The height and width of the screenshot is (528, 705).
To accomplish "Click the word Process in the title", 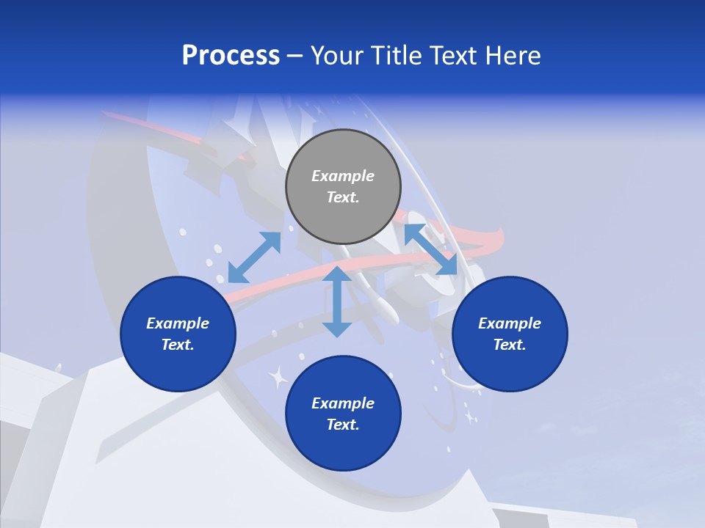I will pos(231,56).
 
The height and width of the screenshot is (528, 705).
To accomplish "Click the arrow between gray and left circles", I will pos(254,257).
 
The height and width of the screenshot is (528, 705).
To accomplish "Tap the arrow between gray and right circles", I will pos(430,249).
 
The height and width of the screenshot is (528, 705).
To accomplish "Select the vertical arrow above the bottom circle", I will pos(337,301).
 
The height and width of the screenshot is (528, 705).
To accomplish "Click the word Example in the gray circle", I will pos(343,176).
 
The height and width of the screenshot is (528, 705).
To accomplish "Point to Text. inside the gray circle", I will pos(343,197).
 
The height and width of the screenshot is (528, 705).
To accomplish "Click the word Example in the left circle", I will pos(178,323).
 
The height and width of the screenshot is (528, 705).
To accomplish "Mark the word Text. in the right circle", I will pos(510,345).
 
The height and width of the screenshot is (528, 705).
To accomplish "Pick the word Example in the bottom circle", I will pos(343,403).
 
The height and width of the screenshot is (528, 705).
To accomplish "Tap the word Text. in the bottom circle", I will pos(343,425).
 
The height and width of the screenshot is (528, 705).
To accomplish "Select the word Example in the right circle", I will pos(510,323).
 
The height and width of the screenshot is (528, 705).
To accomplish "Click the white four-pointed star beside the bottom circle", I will pos(278,378).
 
